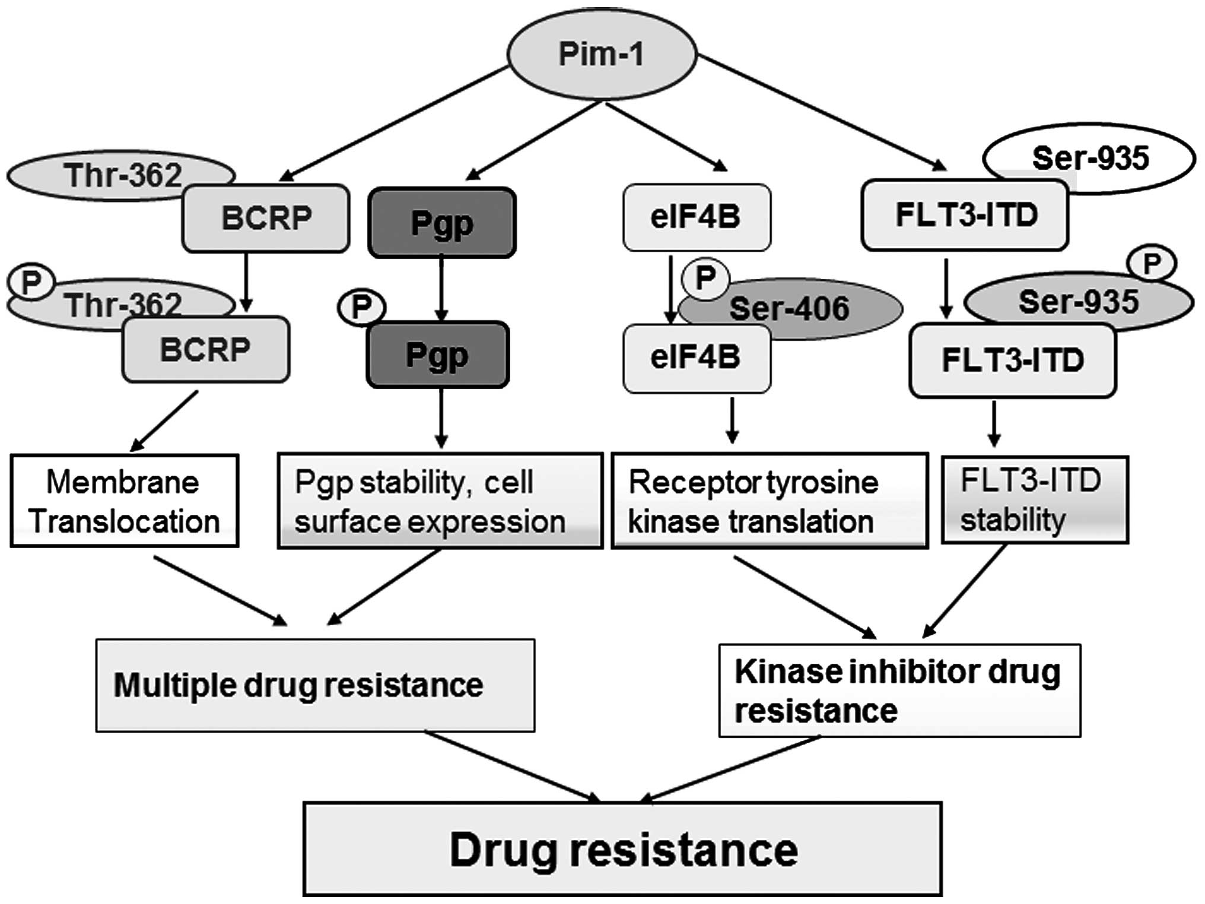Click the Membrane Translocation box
[x=125, y=501]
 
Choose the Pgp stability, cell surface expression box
[x=440, y=501]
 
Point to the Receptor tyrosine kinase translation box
[x=770, y=501]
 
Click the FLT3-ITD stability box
[x=1035, y=499]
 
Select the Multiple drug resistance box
[x=315, y=685]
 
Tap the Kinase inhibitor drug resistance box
[x=899, y=690]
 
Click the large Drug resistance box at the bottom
[x=622, y=849]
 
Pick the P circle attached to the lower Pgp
[x=361, y=307]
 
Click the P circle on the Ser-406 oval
[x=705, y=278]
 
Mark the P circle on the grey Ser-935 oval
[x=1152, y=263]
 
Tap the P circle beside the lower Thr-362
[x=31, y=282]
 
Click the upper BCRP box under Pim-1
[x=266, y=218]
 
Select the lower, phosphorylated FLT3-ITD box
[x=1013, y=360]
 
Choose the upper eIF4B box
[x=697, y=217]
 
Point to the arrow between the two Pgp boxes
[x=441, y=289]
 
